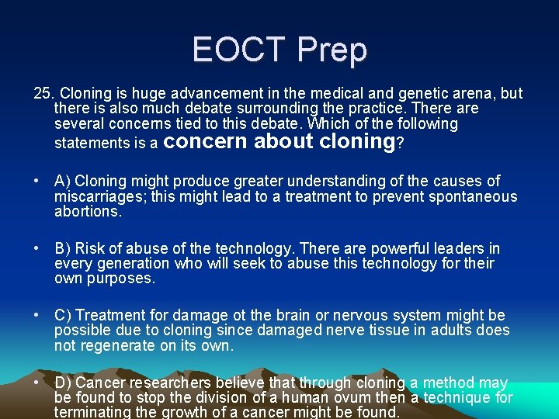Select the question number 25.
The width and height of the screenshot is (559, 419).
(43, 94)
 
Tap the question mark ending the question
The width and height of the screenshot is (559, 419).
(400, 143)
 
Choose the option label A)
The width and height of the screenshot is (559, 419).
(63, 182)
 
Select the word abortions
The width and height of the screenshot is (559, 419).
(87, 212)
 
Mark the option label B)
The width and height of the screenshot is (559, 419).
(63, 249)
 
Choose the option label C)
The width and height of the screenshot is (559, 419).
(64, 316)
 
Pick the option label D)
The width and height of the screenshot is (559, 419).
(64, 383)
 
